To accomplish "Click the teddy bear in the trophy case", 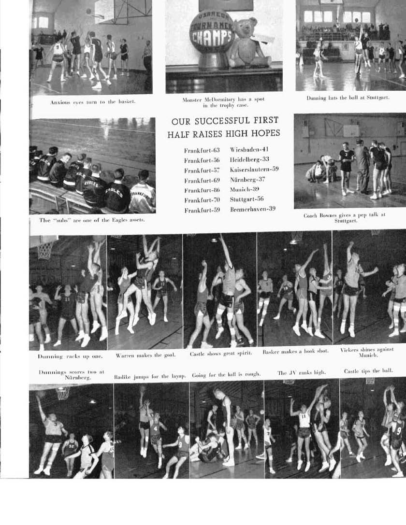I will (249, 43).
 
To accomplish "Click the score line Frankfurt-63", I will (202, 150).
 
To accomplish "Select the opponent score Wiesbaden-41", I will (249, 150).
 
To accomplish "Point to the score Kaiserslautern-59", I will (254, 170).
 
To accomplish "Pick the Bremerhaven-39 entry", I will (253, 209).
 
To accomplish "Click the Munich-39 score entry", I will (245, 190).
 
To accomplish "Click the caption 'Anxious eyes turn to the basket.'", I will (93, 102).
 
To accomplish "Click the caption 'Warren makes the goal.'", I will (145, 356).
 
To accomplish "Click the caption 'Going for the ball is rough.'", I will (226, 375).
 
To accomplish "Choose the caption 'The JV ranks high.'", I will (302, 372).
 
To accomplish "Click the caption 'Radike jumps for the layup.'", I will (150, 376).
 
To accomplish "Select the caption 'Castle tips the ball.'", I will (368, 371).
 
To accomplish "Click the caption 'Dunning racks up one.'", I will (70, 356).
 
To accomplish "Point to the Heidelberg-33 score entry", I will (249, 159).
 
